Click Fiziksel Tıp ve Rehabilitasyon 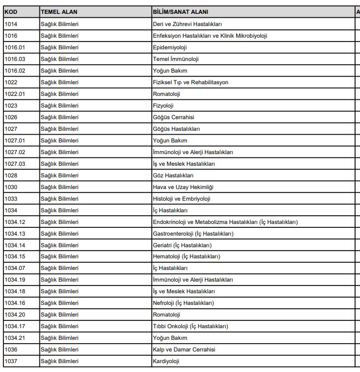point(190,83)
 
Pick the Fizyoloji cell point(163,105)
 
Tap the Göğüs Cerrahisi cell point(173,117)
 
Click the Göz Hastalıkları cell point(174,175)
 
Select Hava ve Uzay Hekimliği point(182,187)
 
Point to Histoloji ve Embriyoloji point(181,198)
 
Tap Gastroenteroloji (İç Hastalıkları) point(192,233)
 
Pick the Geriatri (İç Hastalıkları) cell point(182,245)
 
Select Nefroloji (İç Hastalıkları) point(183,303)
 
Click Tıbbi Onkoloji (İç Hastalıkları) point(190,326)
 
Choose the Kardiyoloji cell point(166,361)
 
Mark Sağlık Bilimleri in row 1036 point(59,349)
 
